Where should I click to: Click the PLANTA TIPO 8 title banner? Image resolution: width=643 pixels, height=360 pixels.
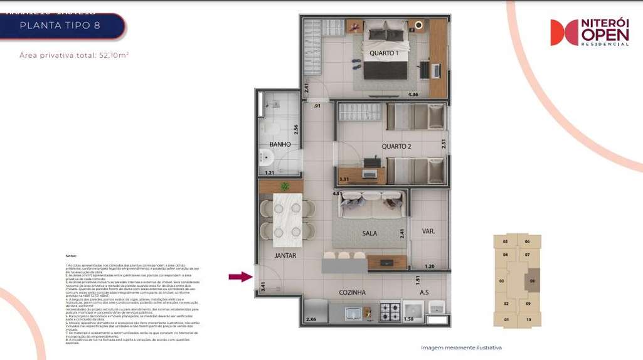(x=60, y=26)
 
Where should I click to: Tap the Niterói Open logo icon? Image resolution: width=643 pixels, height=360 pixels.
(x=564, y=33)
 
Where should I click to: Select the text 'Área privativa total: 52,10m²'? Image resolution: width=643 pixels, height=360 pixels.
(x=74, y=55)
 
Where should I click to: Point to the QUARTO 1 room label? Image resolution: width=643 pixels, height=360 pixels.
(x=384, y=53)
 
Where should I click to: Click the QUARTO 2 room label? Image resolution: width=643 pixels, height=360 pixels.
(x=396, y=147)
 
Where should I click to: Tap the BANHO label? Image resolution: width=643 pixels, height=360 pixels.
(x=280, y=144)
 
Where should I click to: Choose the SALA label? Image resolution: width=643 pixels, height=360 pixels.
(x=369, y=233)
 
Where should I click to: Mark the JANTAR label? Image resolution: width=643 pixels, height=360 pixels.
(x=285, y=256)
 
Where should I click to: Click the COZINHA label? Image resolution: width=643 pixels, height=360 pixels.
(x=352, y=292)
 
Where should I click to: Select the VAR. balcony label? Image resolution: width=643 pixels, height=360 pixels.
(x=428, y=231)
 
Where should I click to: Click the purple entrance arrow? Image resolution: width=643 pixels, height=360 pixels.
(x=240, y=277)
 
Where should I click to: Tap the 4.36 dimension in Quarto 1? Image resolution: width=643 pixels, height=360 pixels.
(x=413, y=95)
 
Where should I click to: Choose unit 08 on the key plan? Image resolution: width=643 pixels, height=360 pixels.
(x=533, y=281)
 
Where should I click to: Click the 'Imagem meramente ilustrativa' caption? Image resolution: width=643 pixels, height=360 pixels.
(x=461, y=347)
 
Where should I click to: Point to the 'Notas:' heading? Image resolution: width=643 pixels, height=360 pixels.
(x=72, y=257)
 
